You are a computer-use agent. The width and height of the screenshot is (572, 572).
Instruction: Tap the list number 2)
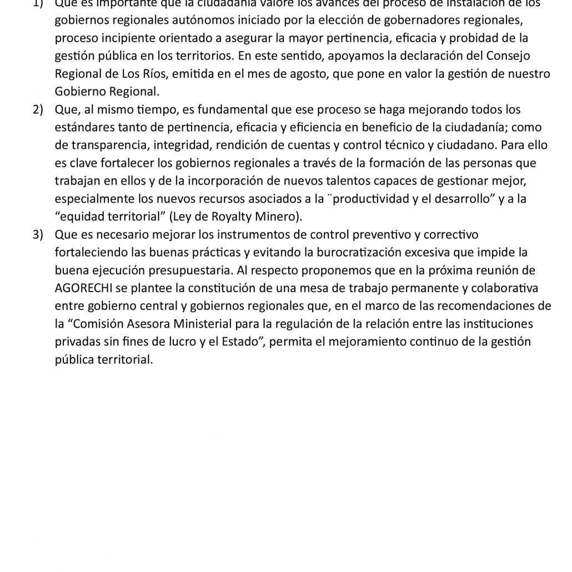click(38, 109)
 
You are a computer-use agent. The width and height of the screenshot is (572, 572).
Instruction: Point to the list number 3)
click(38, 234)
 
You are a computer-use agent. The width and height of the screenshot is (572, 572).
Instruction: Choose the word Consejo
click(508, 56)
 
